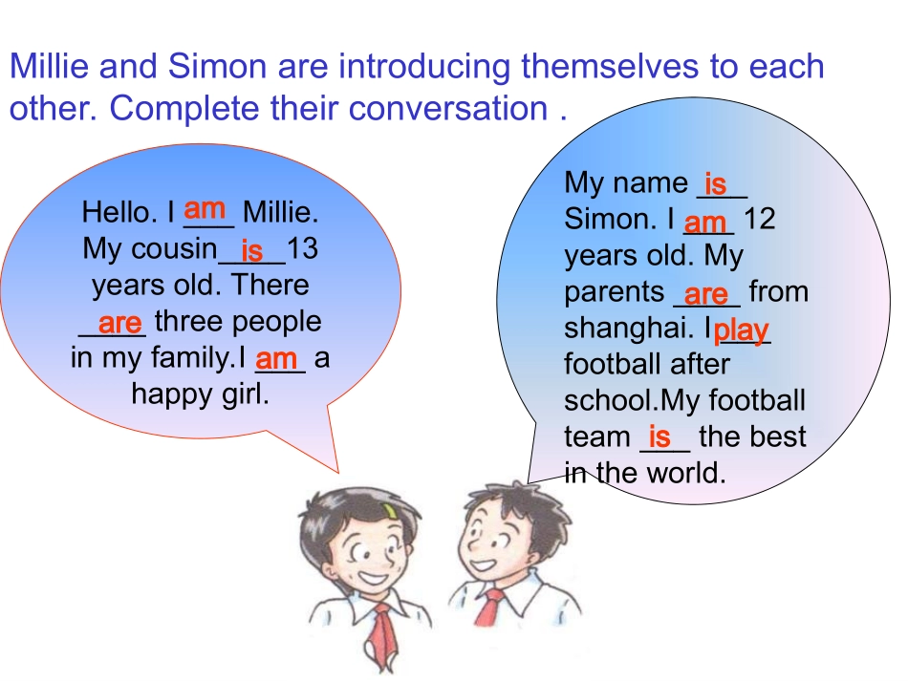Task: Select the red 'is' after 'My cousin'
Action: click(252, 250)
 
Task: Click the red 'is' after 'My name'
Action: click(715, 182)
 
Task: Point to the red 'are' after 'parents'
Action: click(706, 292)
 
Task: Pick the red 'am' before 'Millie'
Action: click(205, 207)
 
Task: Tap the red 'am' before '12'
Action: click(706, 223)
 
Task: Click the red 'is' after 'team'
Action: click(659, 436)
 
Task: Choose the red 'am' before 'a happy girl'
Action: click(276, 359)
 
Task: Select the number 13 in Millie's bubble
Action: click(302, 249)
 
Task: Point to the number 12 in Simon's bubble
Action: click(759, 219)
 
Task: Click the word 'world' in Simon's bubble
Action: click(683, 472)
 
